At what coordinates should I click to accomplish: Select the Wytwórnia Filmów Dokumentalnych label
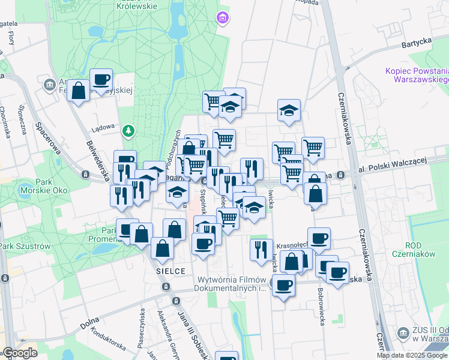pos(231,284)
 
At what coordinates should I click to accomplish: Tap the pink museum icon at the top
pos(223,19)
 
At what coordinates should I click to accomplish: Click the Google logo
pos(19,353)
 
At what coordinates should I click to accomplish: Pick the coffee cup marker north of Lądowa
pos(101,79)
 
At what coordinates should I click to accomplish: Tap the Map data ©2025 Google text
pos(412,355)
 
